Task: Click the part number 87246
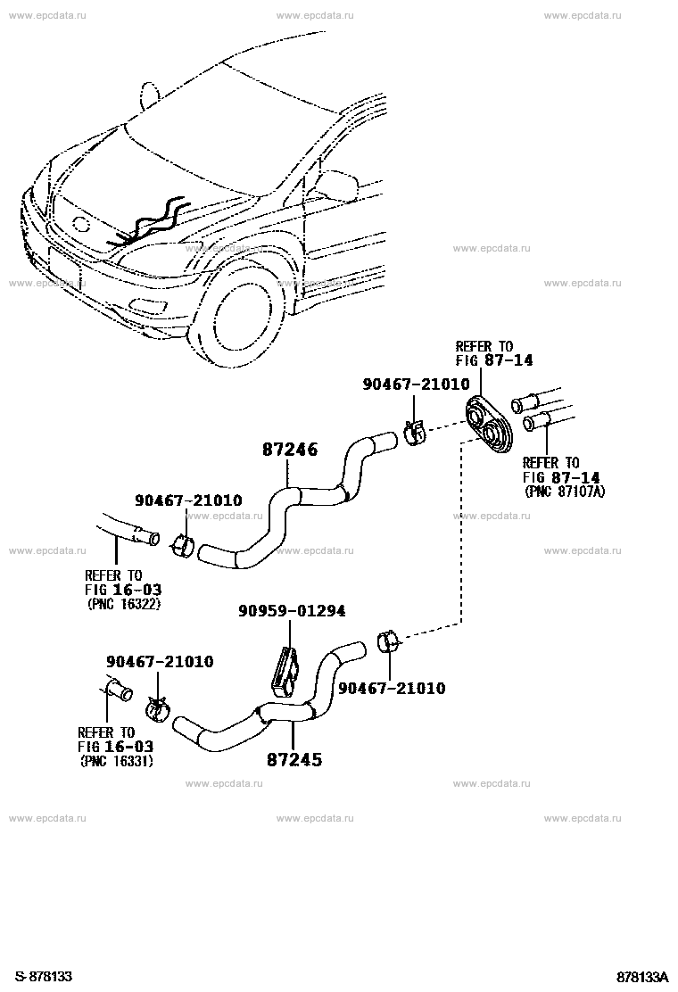pyautogui.click(x=290, y=450)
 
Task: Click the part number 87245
pyautogui.click(x=294, y=759)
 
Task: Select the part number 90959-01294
pyautogui.click(x=292, y=611)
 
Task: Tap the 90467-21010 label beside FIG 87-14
pyautogui.click(x=416, y=384)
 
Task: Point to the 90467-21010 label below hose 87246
pyautogui.click(x=188, y=500)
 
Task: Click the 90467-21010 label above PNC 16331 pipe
pyautogui.click(x=160, y=662)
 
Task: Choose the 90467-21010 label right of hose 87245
pyautogui.click(x=392, y=688)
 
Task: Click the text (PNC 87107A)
pyautogui.click(x=564, y=492)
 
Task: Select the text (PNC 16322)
pyautogui.click(x=123, y=604)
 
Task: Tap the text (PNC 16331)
pyautogui.click(x=116, y=761)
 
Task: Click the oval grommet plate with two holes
pyautogui.click(x=489, y=425)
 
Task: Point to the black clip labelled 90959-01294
pyautogui.click(x=285, y=671)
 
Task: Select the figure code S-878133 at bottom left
pyautogui.click(x=45, y=976)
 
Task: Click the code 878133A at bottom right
pyautogui.click(x=643, y=976)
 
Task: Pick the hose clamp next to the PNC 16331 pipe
pyautogui.click(x=158, y=708)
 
